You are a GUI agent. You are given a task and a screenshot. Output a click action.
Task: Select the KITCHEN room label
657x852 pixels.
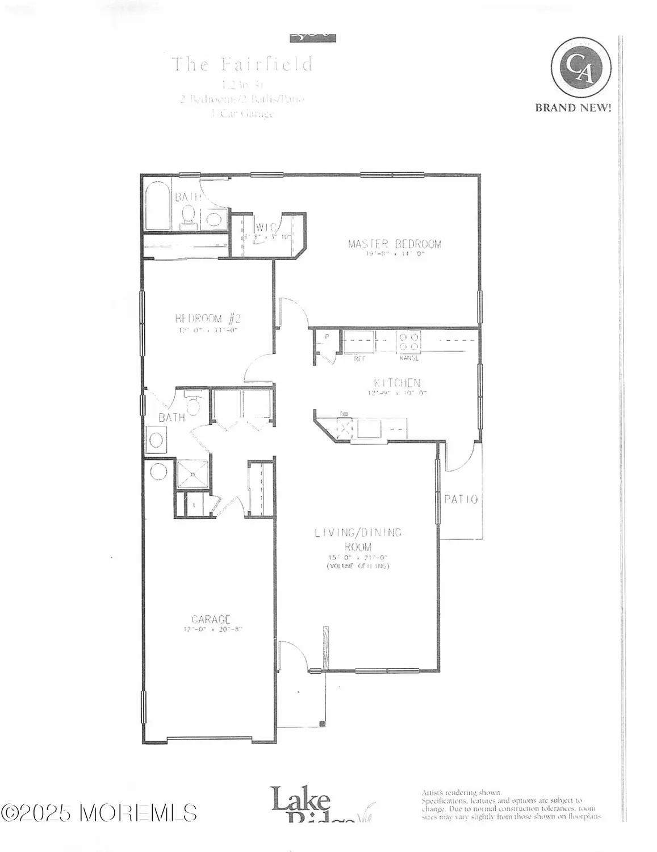(x=397, y=383)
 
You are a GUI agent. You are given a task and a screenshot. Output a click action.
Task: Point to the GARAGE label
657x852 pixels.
(x=211, y=619)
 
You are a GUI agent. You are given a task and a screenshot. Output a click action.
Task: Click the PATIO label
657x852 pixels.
(x=461, y=500)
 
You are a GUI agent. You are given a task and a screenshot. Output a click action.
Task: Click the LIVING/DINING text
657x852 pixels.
(x=358, y=532)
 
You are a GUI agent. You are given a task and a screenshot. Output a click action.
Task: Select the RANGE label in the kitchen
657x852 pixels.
(x=409, y=358)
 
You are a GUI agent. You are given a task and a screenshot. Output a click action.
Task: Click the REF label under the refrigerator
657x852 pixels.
(x=359, y=358)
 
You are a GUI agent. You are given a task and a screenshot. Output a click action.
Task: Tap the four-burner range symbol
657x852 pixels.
(x=408, y=341)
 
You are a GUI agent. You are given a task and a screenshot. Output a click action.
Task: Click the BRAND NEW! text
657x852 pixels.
(x=573, y=108)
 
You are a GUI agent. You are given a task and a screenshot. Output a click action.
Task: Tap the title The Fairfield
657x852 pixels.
(x=242, y=64)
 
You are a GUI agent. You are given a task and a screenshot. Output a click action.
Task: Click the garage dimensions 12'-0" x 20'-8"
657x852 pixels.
(x=214, y=629)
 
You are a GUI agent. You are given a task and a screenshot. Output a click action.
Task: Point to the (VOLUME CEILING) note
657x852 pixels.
(x=358, y=566)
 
